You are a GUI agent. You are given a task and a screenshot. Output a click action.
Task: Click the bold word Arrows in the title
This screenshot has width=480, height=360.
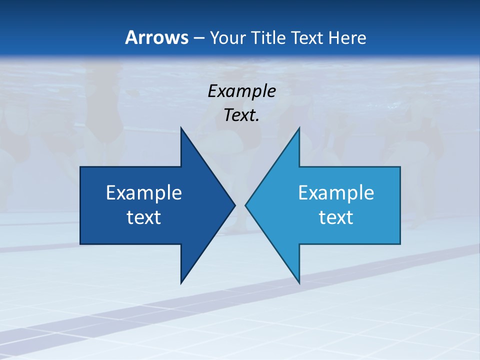[x=156, y=37]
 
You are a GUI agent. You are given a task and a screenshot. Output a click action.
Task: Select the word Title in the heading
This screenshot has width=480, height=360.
[x=269, y=37]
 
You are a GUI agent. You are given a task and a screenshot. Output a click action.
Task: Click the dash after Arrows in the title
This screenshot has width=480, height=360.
[x=198, y=38]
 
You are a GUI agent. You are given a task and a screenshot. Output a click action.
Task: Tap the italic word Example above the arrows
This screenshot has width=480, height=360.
[x=241, y=91]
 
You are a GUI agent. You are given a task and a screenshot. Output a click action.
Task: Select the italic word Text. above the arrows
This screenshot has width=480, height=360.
[x=241, y=115]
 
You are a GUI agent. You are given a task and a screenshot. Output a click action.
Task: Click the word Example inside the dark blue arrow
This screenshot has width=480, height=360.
[x=144, y=193]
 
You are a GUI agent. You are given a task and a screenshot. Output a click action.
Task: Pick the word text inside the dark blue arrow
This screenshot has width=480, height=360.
[x=144, y=217]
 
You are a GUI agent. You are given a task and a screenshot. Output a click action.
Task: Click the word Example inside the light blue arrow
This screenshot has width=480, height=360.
[x=336, y=193]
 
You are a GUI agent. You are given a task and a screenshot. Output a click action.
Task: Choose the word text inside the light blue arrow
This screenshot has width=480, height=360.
[x=336, y=217]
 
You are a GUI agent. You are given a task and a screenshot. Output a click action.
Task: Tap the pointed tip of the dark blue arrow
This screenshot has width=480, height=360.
[x=234, y=205]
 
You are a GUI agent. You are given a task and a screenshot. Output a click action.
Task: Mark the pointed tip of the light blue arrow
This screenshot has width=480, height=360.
[x=245, y=205]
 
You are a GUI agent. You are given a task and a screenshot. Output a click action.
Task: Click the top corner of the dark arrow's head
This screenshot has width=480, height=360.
[x=181, y=128]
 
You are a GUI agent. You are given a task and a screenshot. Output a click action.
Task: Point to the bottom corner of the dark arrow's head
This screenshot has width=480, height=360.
[x=181, y=283]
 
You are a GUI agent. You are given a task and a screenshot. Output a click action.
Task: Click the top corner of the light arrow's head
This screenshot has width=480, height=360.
[x=299, y=128]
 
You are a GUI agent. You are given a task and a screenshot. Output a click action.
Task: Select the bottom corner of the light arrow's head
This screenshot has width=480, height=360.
[x=299, y=283]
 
